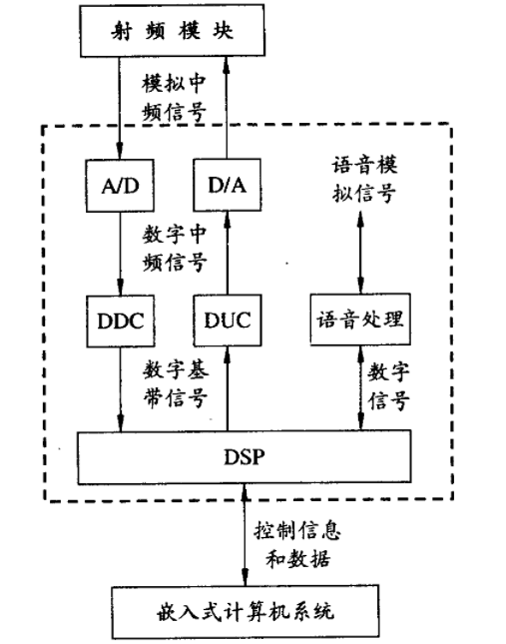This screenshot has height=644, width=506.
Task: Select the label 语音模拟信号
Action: point(361,177)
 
